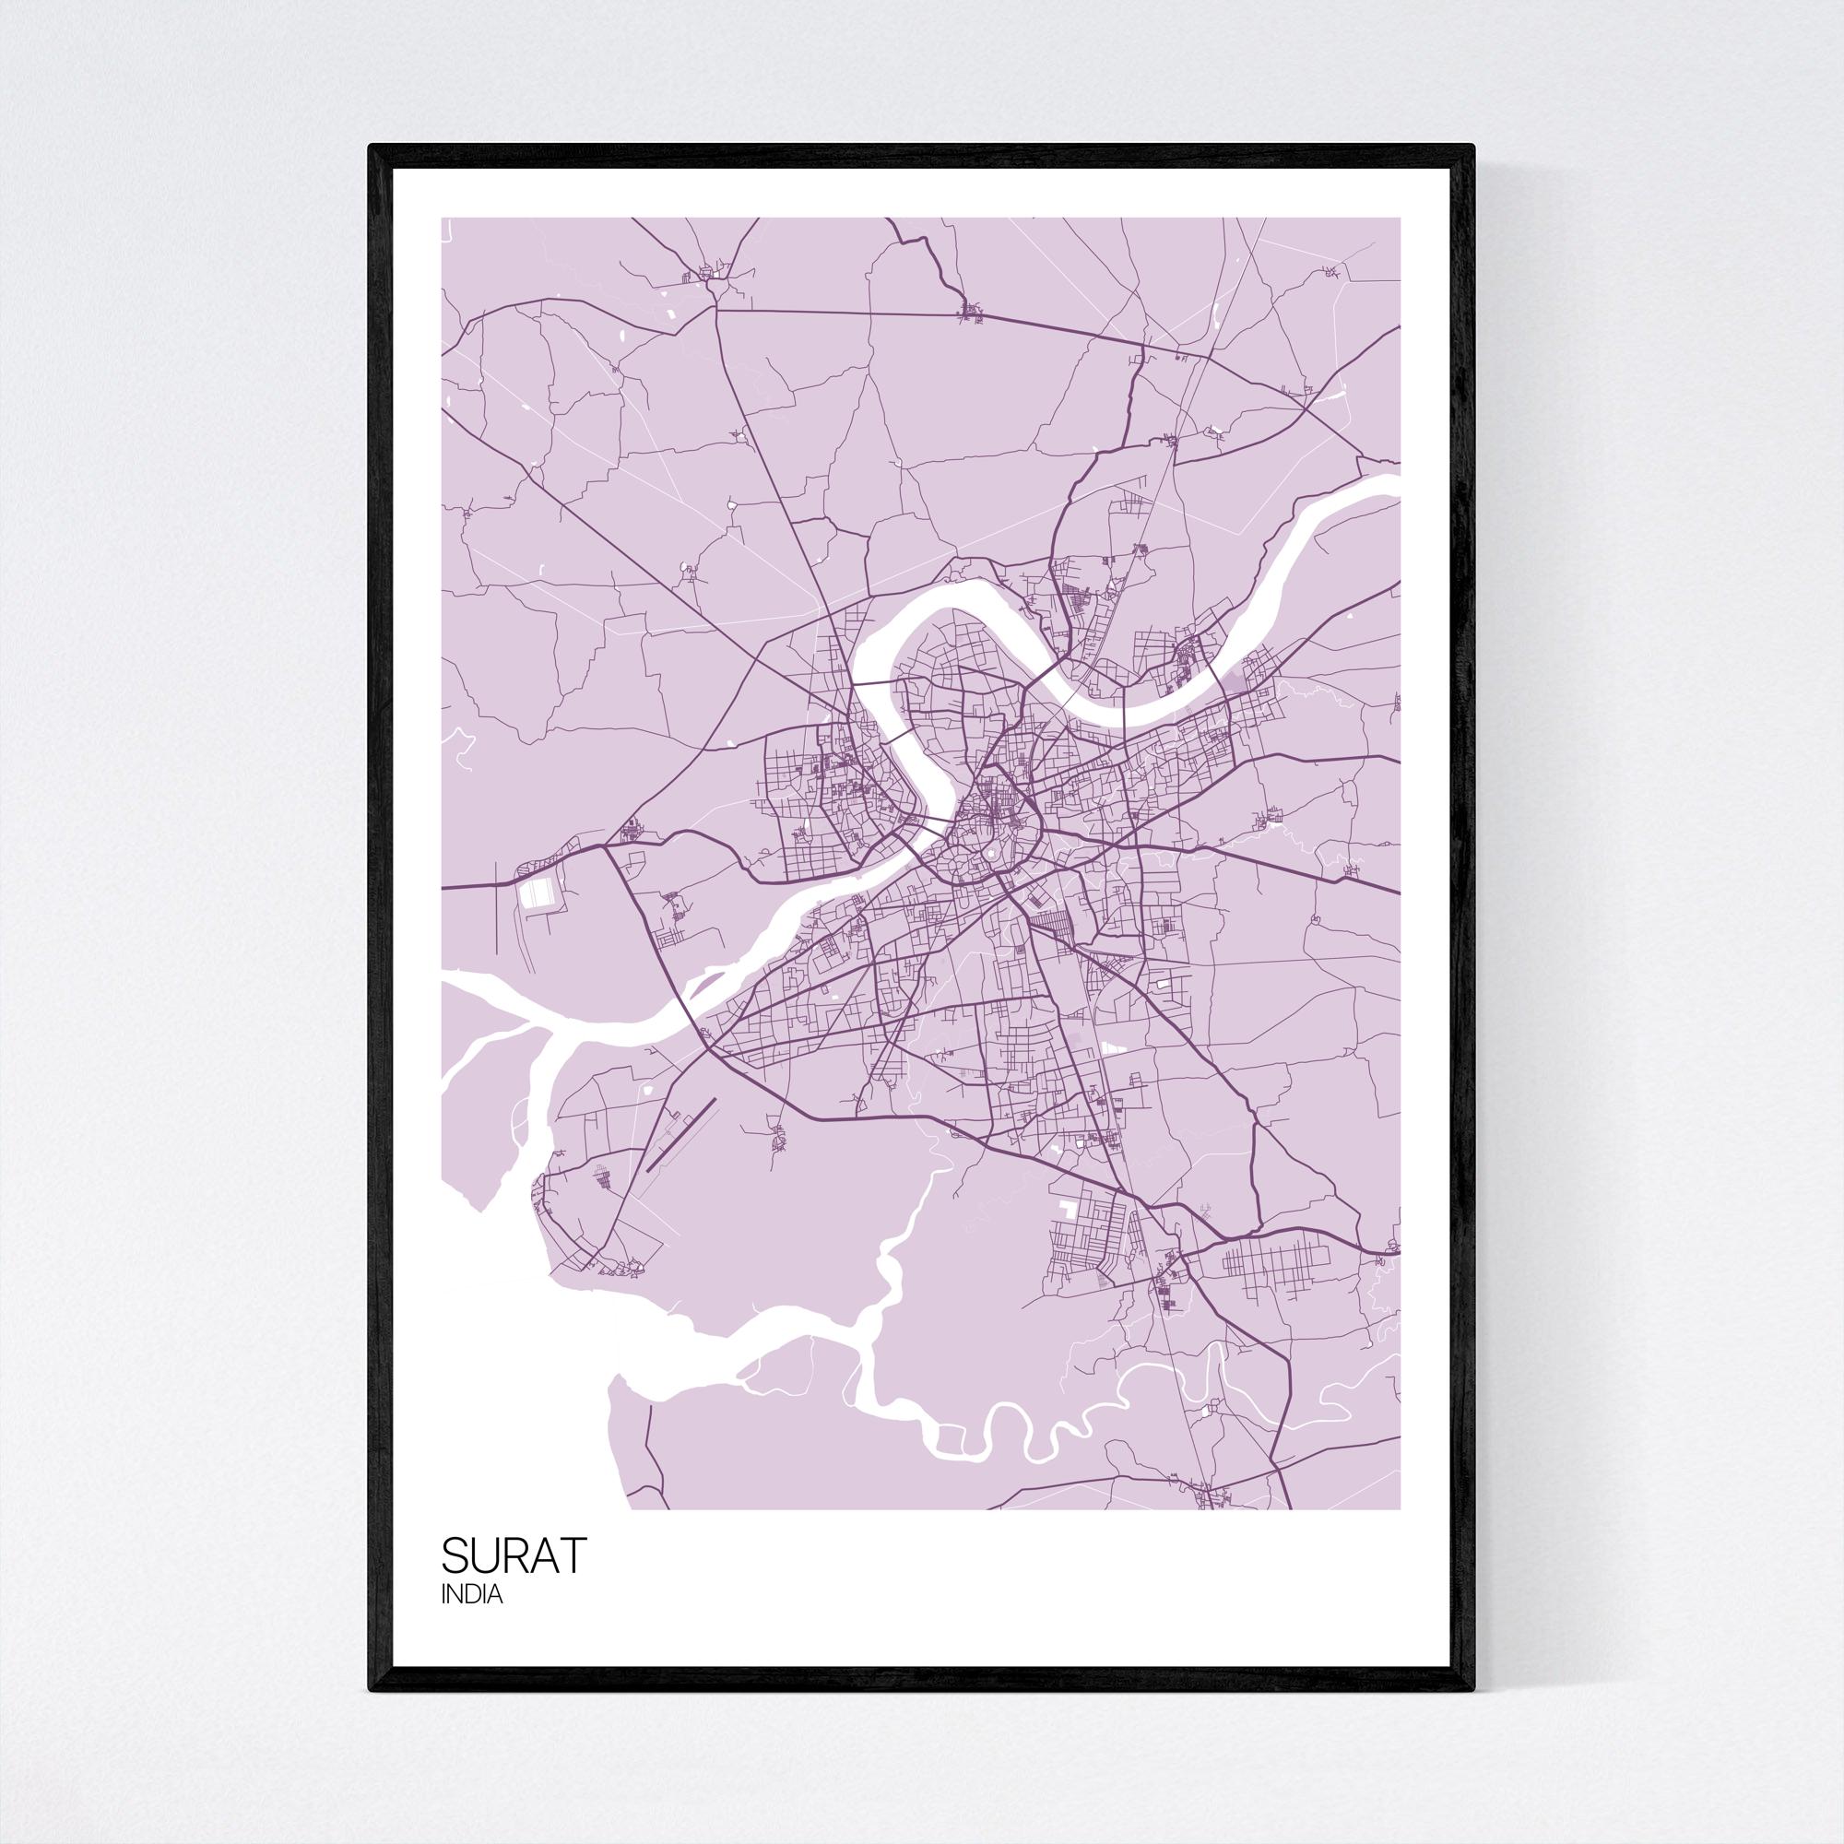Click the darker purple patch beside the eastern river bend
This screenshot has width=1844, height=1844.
(1239, 680)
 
